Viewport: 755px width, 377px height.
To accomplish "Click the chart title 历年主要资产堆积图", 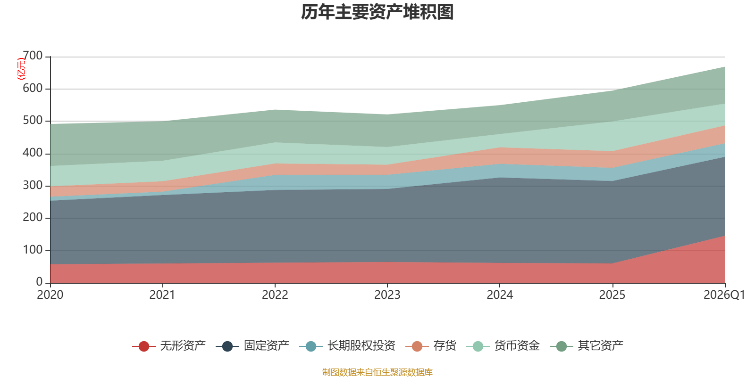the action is click(377, 12).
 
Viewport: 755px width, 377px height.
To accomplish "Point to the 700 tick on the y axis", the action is click(33, 56).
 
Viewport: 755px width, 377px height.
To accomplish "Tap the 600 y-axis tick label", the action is click(33, 88).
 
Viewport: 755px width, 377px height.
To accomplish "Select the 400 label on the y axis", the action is click(33, 153).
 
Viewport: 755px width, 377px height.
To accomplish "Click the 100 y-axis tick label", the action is click(33, 250).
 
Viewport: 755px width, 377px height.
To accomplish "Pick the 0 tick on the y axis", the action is click(40, 282).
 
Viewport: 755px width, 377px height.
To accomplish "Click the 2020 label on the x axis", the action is click(50, 295).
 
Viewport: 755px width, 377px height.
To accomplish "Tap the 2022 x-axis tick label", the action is click(275, 295).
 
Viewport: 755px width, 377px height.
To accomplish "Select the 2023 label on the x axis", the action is click(387, 295).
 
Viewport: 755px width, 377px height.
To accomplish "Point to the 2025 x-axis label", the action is click(612, 295).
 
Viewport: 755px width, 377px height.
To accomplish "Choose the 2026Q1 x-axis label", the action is click(724, 295).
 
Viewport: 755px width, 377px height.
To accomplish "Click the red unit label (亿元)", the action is click(21, 69).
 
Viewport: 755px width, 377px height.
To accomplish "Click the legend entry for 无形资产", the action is click(169, 346).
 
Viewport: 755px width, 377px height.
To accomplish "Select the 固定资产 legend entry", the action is click(252, 346).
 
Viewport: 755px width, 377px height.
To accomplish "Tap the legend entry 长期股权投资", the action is click(347, 346).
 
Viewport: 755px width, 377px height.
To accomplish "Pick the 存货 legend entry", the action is click(431, 346).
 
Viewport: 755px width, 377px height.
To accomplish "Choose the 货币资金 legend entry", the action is click(503, 346).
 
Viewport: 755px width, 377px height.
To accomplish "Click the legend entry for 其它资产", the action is click(587, 346).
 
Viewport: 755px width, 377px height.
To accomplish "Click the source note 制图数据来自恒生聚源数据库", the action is click(377, 372).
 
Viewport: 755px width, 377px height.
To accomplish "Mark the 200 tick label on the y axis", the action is click(33, 217).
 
